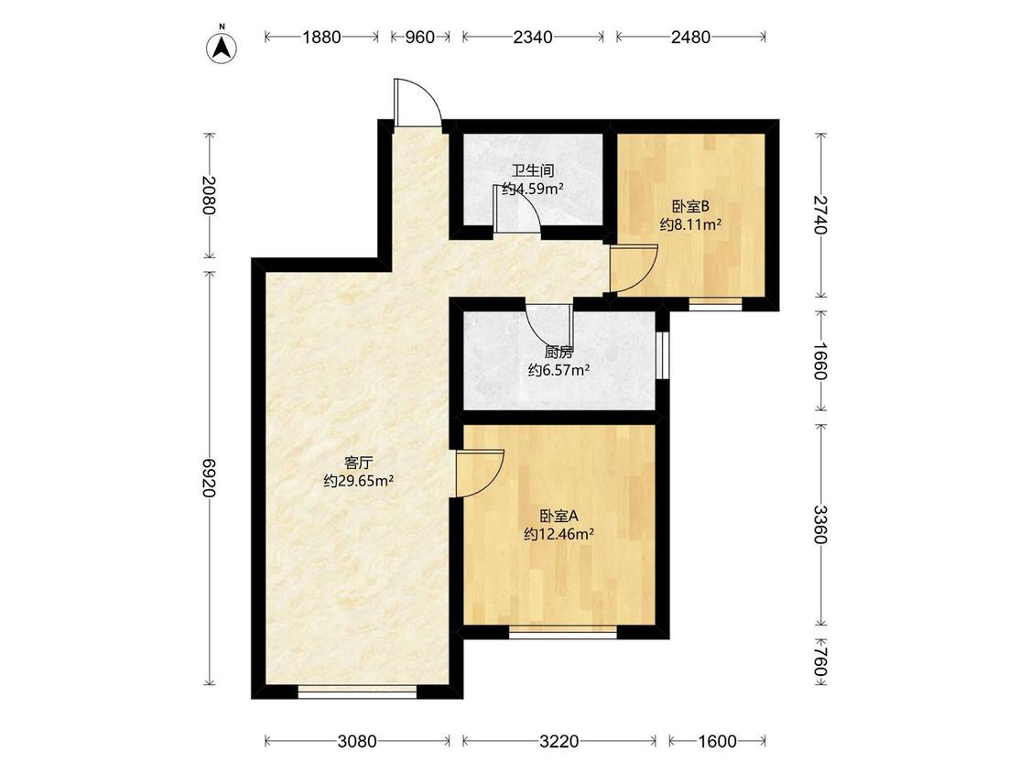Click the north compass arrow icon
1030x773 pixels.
coord(222,47)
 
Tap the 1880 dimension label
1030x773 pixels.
coord(322,38)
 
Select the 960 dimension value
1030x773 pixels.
coord(419,38)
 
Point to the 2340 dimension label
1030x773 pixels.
coord(533,38)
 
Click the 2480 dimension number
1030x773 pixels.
coord(691,38)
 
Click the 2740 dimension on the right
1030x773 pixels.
coord(820,214)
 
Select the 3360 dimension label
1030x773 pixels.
coord(820,524)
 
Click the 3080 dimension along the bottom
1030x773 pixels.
coord(357,742)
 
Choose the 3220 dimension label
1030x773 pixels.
coord(559,742)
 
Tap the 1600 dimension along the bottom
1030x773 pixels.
coord(717,742)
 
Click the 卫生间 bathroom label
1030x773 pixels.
coord(533,171)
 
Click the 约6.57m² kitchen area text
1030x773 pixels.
coord(559,370)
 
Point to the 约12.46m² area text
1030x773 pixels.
coord(559,534)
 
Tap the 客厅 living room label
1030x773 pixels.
coord(359,463)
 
